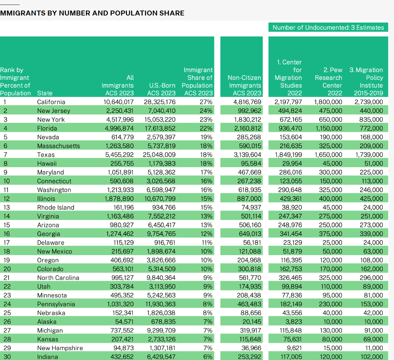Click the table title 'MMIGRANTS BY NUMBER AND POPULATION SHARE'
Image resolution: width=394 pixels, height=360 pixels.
(x=92, y=13)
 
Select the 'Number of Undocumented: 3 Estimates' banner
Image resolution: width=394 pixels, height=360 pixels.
(x=328, y=27)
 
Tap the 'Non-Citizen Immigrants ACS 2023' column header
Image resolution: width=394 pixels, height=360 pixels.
(x=245, y=85)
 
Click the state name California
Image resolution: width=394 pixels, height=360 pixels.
(x=51, y=102)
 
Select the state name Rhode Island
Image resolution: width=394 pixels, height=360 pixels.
(x=56, y=207)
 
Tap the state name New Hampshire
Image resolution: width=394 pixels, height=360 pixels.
(x=60, y=348)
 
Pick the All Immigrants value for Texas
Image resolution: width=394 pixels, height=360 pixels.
(x=118, y=155)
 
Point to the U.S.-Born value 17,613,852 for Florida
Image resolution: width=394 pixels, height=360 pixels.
(x=159, y=128)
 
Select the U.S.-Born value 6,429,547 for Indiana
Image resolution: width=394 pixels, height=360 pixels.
(x=159, y=357)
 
